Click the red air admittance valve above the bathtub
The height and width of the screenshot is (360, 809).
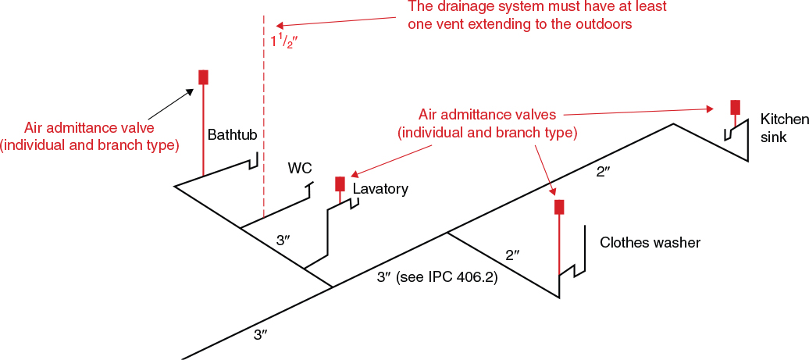pyautogui.click(x=203, y=77)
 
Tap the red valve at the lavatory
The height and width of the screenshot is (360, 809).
pyautogui.click(x=340, y=184)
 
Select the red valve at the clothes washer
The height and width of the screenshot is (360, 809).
pyautogui.click(x=559, y=207)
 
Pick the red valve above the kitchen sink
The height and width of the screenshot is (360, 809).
pyautogui.click(x=735, y=107)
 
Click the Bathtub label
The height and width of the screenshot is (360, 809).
pyautogui.click(x=232, y=135)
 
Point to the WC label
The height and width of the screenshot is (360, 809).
pyautogui.click(x=300, y=169)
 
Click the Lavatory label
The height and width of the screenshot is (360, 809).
pyautogui.click(x=380, y=189)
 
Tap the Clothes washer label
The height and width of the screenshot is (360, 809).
pyautogui.click(x=650, y=243)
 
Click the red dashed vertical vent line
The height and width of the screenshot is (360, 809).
pyautogui.click(x=264, y=125)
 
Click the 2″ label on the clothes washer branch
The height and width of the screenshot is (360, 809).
pyautogui.click(x=512, y=255)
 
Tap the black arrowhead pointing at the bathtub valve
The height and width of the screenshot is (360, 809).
pyautogui.click(x=190, y=91)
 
